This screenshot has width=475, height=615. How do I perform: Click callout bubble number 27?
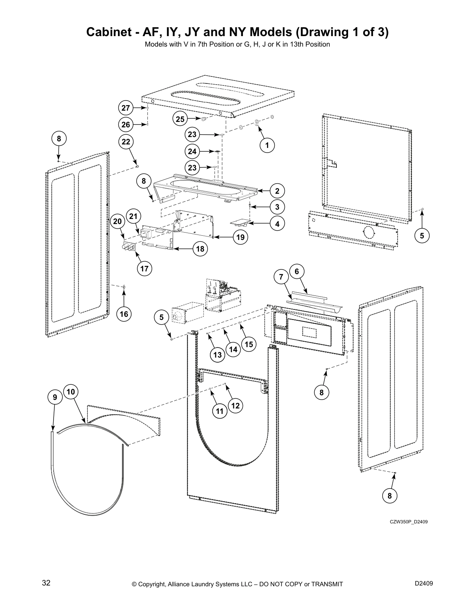[125, 108]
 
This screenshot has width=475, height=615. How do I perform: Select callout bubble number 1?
[267, 145]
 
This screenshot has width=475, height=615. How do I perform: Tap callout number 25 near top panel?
[180, 119]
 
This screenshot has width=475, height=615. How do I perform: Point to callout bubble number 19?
[241, 237]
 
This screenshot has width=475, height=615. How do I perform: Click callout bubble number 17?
[144, 269]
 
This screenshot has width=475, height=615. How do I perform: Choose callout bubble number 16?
[124, 314]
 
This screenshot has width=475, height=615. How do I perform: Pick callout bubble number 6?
[297, 271]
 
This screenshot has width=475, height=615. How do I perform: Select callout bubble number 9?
[55, 397]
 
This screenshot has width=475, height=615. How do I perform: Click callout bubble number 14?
[233, 349]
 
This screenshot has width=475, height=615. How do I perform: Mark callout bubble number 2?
[277, 191]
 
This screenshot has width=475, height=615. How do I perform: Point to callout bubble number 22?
[126, 142]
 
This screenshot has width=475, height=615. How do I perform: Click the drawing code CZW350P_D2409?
[409, 521]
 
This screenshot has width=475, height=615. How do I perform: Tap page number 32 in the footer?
[46, 583]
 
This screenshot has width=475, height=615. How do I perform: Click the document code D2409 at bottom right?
[424, 583]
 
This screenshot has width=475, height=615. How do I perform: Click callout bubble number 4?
[277, 224]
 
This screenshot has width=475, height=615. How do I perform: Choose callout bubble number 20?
[117, 221]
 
